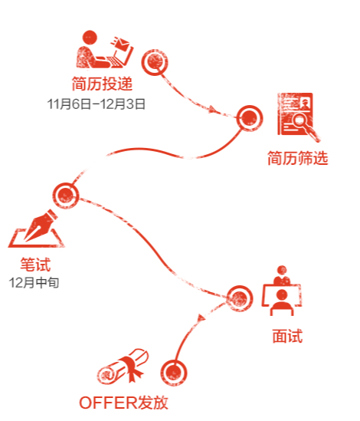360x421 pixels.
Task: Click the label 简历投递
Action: click(x=102, y=84)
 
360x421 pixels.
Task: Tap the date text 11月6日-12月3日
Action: click(x=96, y=104)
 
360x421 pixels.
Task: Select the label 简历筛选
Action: click(x=297, y=158)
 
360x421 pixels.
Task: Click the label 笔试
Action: click(x=35, y=265)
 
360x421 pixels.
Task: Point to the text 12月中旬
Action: click(x=34, y=283)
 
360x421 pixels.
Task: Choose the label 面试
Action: click(x=287, y=336)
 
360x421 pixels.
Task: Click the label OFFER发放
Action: click(x=123, y=403)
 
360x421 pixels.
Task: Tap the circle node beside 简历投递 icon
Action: click(x=155, y=62)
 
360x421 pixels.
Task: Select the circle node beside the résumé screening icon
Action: click(x=250, y=118)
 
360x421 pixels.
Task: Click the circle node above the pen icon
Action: click(x=65, y=196)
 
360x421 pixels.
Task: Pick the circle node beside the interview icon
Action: click(x=239, y=298)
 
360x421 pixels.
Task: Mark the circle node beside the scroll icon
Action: click(x=174, y=373)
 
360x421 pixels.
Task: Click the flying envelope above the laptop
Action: click(x=121, y=43)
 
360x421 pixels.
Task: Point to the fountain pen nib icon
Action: click(x=41, y=225)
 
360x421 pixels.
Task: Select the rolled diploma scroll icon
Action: click(x=123, y=367)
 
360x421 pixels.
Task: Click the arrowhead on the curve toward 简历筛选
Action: click(x=212, y=109)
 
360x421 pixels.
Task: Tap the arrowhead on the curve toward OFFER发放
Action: click(x=201, y=318)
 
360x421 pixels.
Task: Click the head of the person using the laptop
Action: click(x=90, y=38)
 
